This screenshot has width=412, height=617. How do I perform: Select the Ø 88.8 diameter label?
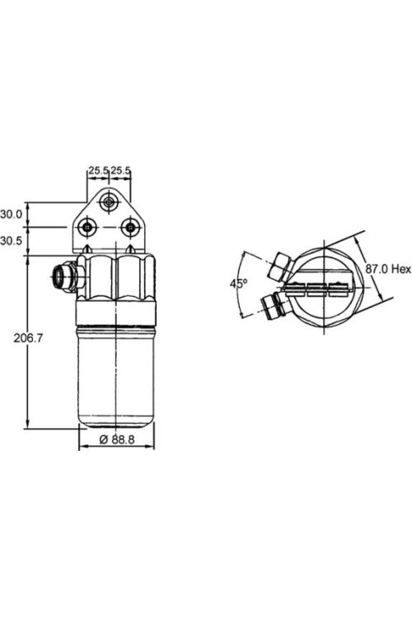[115, 438]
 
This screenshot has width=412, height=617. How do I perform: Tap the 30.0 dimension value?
[12, 214]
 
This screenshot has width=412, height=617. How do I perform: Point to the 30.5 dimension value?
[12, 241]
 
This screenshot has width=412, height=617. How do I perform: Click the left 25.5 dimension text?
[99, 170]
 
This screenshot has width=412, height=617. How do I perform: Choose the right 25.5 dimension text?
[121, 170]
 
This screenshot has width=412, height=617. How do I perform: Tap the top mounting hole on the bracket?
[108, 200]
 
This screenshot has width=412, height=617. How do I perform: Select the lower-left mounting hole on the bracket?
[88, 227]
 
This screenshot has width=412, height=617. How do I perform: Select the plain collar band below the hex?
[115, 313]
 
